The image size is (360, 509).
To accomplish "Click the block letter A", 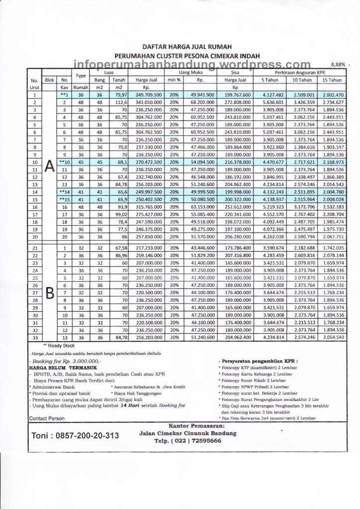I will click(49, 168).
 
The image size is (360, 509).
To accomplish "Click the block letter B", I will click(49, 293).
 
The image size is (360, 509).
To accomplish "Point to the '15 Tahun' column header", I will click(332, 80).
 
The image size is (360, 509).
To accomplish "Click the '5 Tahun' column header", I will click(270, 80).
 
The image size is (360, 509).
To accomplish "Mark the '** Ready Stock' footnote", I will click(58, 344).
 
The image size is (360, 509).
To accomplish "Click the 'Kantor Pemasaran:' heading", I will click(196, 426).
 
